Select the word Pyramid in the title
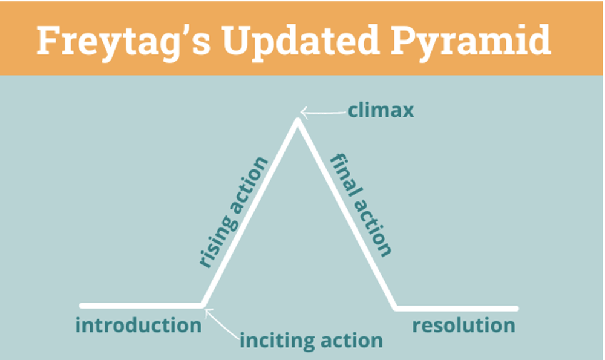pos(479,41)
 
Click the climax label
pos(381,111)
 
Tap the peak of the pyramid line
pos(297,121)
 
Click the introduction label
pos(138,326)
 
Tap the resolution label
pos(463,326)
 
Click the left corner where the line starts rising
pos(203,305)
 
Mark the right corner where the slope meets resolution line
pos(396,307)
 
